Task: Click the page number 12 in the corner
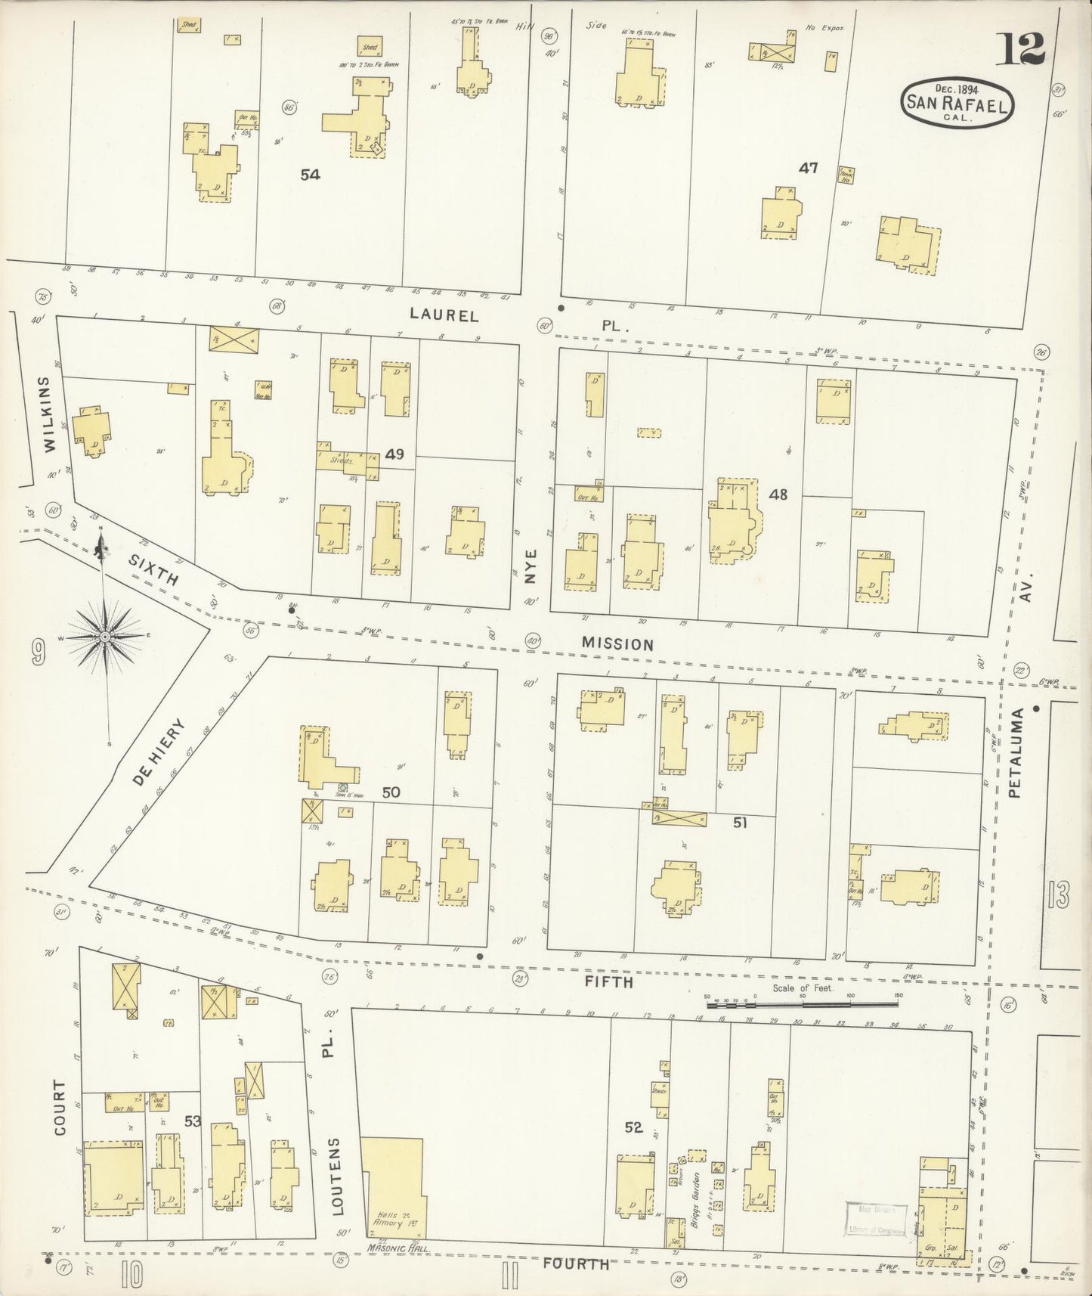click(1024, 51)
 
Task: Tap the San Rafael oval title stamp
click(957, 102)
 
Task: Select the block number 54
click(310, 175)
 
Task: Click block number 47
click(809, 169)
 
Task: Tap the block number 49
click(394, 454)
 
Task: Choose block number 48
click(778, 495)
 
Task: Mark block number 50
click(391, 792)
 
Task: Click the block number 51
click(740, 823)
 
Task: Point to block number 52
click(633, 1127)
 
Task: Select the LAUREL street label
click(444, 315)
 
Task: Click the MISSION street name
click(617, 644)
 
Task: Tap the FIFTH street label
click(608, 981)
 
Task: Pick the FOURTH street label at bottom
click(577, 1264)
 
